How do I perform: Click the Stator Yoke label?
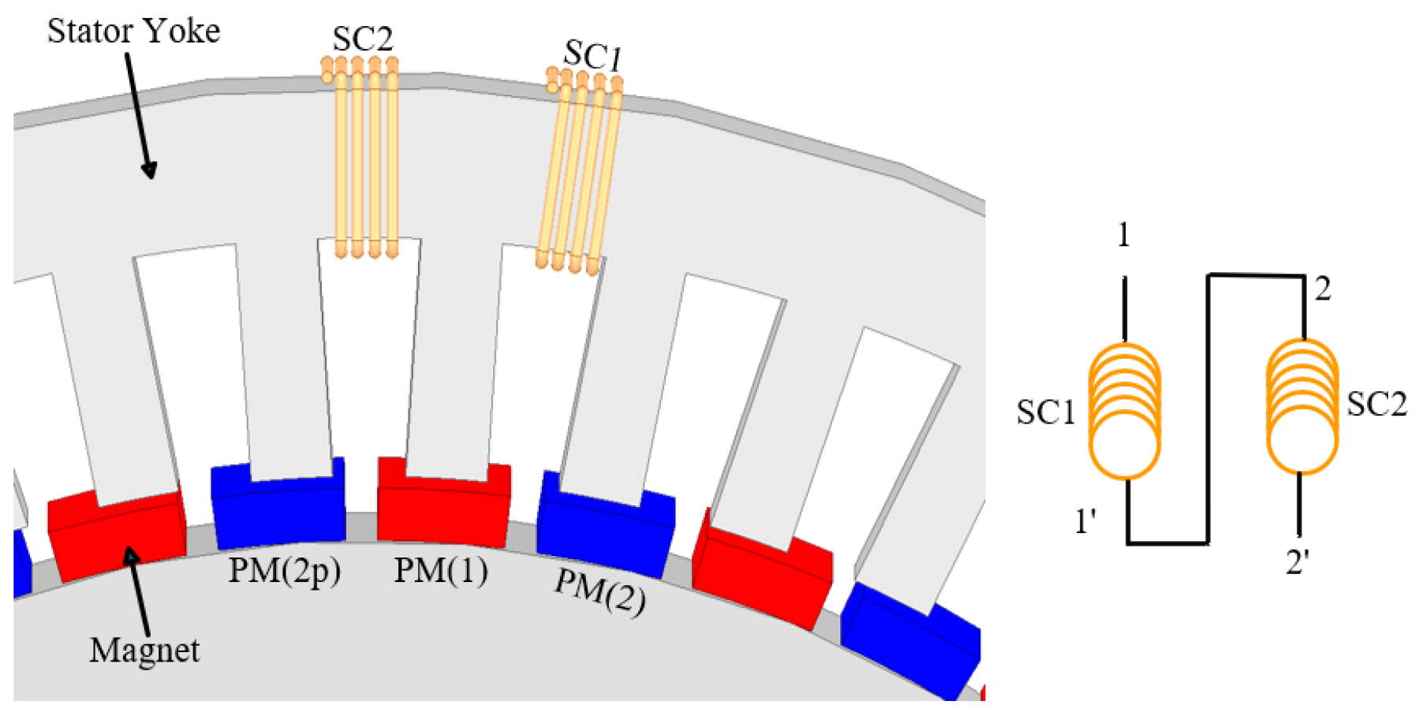coord(133,32)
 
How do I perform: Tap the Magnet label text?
coord(144,651)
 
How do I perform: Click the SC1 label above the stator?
coord(592,55)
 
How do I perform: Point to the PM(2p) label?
coord(284,570)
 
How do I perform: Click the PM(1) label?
coord(440,570)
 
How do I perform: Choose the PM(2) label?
coord(599,591)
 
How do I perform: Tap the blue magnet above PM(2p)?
coord(278,509)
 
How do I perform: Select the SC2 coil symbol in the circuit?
coord(1301,407)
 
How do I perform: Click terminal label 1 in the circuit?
coord(1123,235)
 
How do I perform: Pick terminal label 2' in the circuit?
coord(1298,562)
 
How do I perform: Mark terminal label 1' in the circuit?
coord(1086,521)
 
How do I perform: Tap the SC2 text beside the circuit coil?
coord(1376,405)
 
